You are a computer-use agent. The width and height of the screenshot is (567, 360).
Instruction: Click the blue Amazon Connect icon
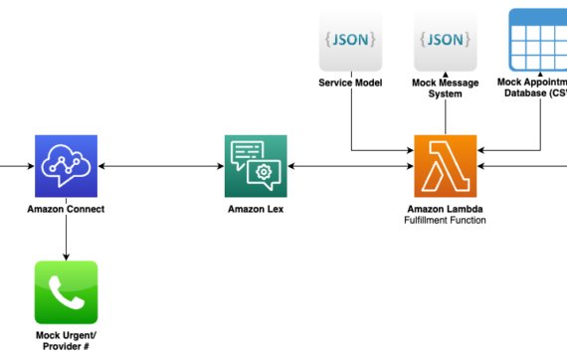(x=66, y=167)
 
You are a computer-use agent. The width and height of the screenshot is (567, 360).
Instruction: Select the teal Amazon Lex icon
(x=255, y=167)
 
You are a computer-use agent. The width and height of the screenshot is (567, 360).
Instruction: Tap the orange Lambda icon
(x=446, y=167)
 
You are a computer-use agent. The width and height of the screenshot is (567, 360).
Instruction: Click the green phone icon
(x=66, y=292)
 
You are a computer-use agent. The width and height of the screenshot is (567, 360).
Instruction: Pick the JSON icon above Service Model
(x=350, y=40)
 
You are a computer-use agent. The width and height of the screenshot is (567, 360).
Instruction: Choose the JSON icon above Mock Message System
(x=446, y=40)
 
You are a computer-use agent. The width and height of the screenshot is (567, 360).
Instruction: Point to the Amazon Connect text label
(x=66, y=210)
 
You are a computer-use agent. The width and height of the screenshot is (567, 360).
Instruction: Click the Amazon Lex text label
(x=255, y=210)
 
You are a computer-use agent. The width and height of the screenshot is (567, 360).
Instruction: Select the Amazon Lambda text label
(x=446, y=210)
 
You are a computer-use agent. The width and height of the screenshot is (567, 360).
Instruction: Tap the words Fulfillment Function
(x=446, y=221)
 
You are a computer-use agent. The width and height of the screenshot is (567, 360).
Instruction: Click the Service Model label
(x=350, y=83)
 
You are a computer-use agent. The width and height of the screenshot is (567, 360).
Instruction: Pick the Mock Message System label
(x=446, y=89)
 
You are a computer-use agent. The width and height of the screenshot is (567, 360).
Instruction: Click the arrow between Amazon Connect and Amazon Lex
(x=160, y=167)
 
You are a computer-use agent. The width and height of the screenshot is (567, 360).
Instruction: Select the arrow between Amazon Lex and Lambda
(x=350, y=167)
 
